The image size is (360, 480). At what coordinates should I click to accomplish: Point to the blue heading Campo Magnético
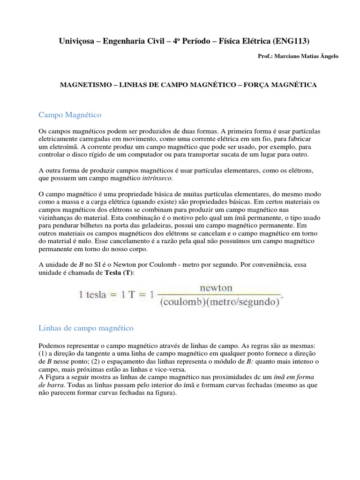[69, 114]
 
